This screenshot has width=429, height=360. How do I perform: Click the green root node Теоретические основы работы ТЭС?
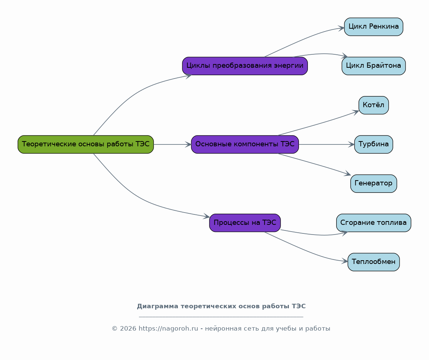coord(86,144)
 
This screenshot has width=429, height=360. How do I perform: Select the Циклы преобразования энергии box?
coord(245,66)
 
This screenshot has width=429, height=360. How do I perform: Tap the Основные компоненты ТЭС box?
coord(245,144)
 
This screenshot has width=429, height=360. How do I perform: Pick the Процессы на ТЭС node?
coord(245,223)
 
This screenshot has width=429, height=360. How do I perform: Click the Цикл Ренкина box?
coord(373,27)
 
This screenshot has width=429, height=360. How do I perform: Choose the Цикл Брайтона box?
coord(373,66)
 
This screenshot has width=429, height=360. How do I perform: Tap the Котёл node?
coord(373,105)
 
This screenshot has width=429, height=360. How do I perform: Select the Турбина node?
coord(373,144)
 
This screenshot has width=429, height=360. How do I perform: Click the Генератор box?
coord(373,184)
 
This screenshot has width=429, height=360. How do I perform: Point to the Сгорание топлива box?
coord(373,223)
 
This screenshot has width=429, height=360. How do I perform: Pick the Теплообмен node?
coord(373,262)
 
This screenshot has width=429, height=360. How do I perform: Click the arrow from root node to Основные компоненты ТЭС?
coord(172,144)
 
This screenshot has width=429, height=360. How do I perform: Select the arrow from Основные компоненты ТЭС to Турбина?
coord(327,144)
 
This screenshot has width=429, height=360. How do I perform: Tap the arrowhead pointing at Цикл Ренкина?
coord(341,28)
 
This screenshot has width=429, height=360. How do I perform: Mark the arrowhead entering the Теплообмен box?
coord(345,261)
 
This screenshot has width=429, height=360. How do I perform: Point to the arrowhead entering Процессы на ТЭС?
coord(206,217)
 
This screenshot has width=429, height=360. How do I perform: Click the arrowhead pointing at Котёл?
coord(356,112)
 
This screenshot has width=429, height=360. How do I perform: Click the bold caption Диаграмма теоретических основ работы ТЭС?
coord(221,306)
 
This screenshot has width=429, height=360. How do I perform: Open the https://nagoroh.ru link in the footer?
coord(168,328)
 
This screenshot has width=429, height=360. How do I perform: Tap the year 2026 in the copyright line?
coord(128,328)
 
